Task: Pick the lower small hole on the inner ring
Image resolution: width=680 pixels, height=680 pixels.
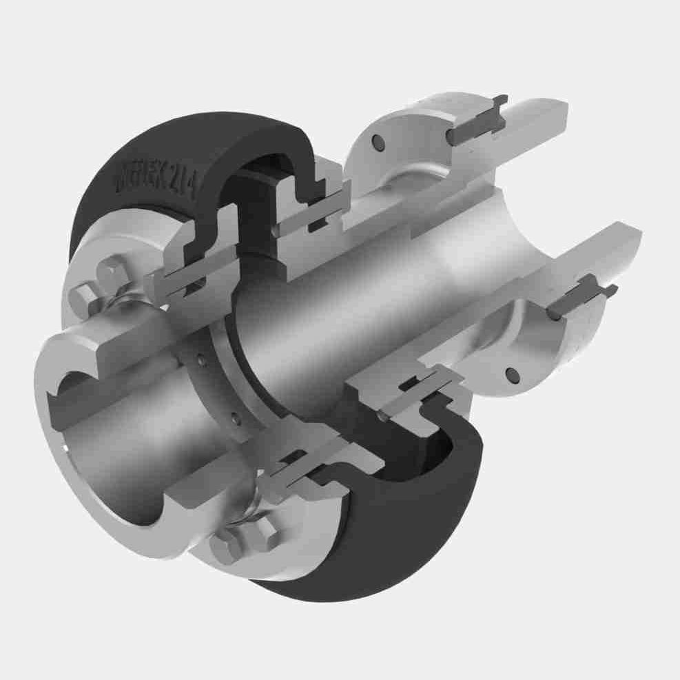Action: pyautogui.click(x=234, y=418)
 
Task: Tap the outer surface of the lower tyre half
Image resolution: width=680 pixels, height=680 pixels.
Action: pyautogui.click(x=386, y=544)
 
